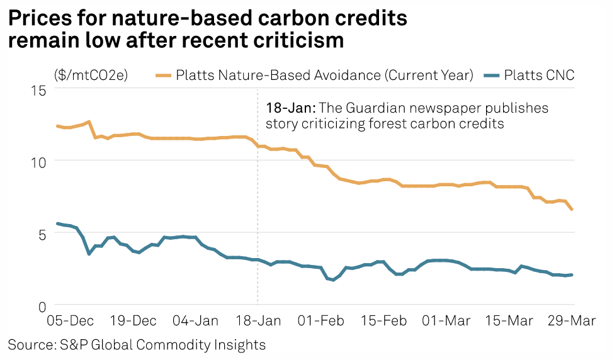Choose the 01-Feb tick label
pyautogui.click(x=319, y=321)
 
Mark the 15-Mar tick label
pyautogui.click(x=507, y=321)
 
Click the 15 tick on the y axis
pyautogui.click(x=39, y=89)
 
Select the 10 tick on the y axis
pyautogui.click(x=39, y=162)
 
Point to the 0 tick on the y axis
pyautogui.click(x=42, y=307)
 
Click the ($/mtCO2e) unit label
pyautogui.click(x=91, y=76)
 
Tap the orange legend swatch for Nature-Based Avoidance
pyautogui.click(x=163, y=76)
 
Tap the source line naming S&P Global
pyautogui.click(x=137, y=345)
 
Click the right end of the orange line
pyautogui.click(x=572, y=210)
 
